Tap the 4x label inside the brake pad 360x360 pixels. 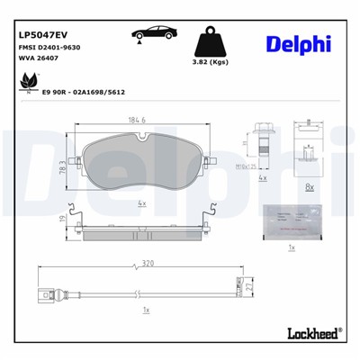coord(142,202)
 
